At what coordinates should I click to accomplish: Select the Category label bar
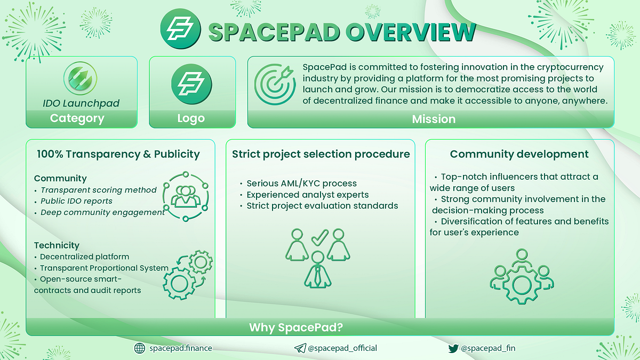click(77, 118)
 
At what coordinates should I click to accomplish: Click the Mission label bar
click(434, 119)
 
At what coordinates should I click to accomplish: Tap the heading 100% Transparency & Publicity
click(118, 155)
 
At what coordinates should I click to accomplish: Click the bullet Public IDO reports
click(77, 201)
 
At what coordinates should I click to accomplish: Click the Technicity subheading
click(57, 245)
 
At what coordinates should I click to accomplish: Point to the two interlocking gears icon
click(187, 272)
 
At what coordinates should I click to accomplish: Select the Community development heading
click(519, 155)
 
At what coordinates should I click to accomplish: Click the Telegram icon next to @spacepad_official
click(300, 348)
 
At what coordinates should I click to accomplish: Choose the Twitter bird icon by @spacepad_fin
click(453, 348)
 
